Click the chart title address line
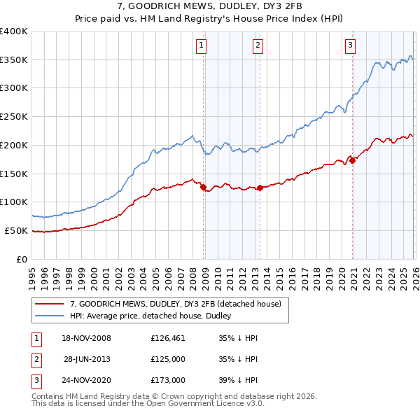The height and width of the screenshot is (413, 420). click(x=209, y=6)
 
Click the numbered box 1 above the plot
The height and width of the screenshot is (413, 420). click(x=201, y=46)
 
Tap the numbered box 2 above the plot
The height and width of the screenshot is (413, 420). click(x=258, y=46)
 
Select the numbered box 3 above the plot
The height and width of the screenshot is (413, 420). click(x=350, y=46)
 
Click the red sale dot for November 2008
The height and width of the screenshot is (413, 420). click(x=204, y=187)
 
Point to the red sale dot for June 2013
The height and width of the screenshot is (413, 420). click(x=260, y=188)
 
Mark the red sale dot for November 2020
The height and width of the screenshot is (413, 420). click(x=353, y=160)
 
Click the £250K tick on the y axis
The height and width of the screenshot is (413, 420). click(x=14, y=117)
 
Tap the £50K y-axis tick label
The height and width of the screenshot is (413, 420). click(x=16, y=230)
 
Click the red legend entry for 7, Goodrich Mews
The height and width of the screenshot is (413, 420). click(x=175, y=304)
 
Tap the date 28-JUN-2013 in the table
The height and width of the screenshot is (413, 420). click(x=87, y=359)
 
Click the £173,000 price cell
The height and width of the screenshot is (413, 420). click(x=168, y=380)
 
